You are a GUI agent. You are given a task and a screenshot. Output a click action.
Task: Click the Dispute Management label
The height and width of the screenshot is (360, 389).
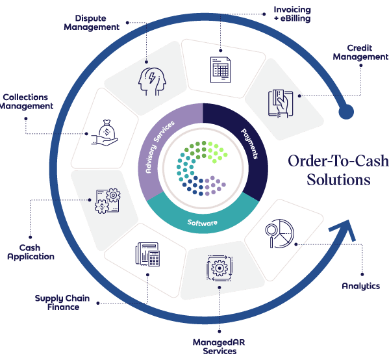click(x=92, y=23)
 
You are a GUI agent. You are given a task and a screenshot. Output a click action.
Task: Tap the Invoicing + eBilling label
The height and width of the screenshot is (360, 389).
click(x=292, y=14)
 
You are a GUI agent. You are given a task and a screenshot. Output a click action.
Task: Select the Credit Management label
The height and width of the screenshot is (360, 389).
click(x=360, y=53)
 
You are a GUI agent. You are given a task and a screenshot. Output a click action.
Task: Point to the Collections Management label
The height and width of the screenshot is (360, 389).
click(x=26, y=101)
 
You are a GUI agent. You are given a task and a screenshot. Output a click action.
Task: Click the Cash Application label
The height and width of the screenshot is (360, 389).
click(x=31, y=252)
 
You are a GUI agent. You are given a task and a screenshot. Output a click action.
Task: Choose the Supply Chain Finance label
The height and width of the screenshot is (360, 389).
click(x=62, y=302)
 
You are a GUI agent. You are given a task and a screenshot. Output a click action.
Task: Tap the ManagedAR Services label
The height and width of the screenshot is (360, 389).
click(x=219, y=346)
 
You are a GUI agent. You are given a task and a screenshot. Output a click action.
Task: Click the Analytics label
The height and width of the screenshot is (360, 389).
click(x=360, y=286)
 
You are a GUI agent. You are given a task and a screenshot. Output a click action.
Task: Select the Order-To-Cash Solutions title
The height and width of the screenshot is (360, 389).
click(x=338, y=170)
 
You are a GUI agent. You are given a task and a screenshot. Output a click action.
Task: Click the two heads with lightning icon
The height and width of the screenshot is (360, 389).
click(x=152, y=81)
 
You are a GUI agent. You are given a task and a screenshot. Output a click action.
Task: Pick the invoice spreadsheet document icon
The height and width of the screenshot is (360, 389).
click(x=220, y=70)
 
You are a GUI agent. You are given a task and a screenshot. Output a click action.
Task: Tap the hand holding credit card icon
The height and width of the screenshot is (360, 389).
click(x=281, y=103)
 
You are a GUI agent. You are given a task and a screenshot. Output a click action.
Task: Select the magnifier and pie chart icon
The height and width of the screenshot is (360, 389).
click(x=279, y=233)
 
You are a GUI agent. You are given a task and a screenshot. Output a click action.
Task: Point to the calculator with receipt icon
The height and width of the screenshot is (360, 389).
click(x=147, y=254)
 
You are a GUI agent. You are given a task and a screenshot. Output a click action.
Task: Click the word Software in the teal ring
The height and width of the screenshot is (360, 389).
click(x=202, y=222)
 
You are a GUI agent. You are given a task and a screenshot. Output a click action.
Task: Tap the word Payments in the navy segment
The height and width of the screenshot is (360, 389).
click(x=250, y=144)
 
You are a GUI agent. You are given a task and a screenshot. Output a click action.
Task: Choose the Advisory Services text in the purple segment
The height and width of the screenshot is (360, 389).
click(x=160, y=147)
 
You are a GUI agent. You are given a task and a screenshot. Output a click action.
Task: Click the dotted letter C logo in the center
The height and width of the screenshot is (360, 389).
click(x=201, y=168)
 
